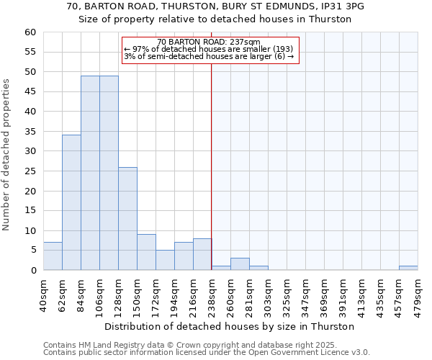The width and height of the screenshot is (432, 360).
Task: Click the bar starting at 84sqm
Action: tap(90, 173)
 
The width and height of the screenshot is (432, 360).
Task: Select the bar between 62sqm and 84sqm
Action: tap(71, 202)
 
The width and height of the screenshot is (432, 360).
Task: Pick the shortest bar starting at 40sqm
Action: tap(53, 256)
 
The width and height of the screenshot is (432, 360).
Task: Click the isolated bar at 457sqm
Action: tap(408, 268)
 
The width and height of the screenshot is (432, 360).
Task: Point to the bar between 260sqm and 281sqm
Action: tap(240, 264)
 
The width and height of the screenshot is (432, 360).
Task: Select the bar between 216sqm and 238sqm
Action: tap(202, 254)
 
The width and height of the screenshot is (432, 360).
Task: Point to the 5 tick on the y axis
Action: tap(32, 251)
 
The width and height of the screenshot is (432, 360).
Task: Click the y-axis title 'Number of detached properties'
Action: tap(7, 155)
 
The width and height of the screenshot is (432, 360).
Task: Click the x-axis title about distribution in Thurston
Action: tap(235, 326)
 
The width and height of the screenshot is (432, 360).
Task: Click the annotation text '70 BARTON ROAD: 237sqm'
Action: tap(209, 42)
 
